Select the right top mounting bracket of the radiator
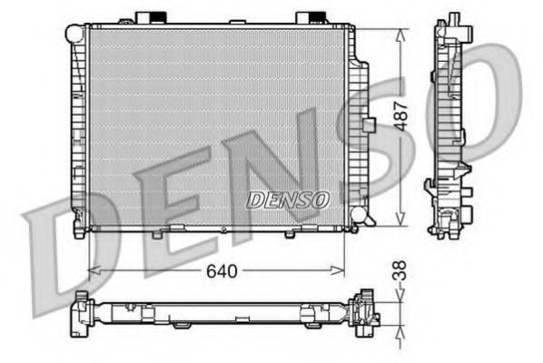point(310,18)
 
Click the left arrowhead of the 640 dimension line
point(92,269)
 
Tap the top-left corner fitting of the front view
point(74,34)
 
